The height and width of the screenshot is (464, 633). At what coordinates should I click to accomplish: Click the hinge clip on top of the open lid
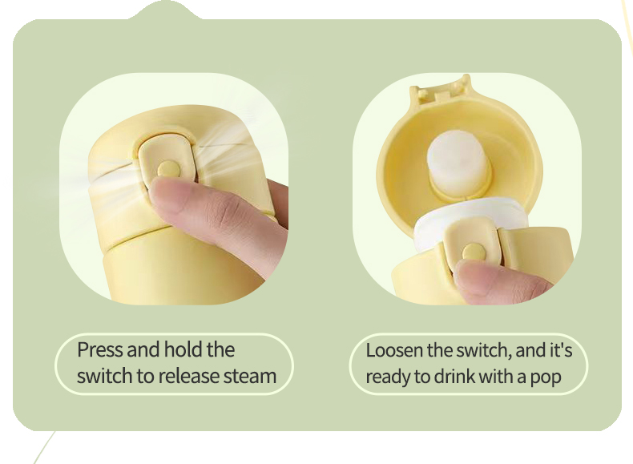point(438,90)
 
